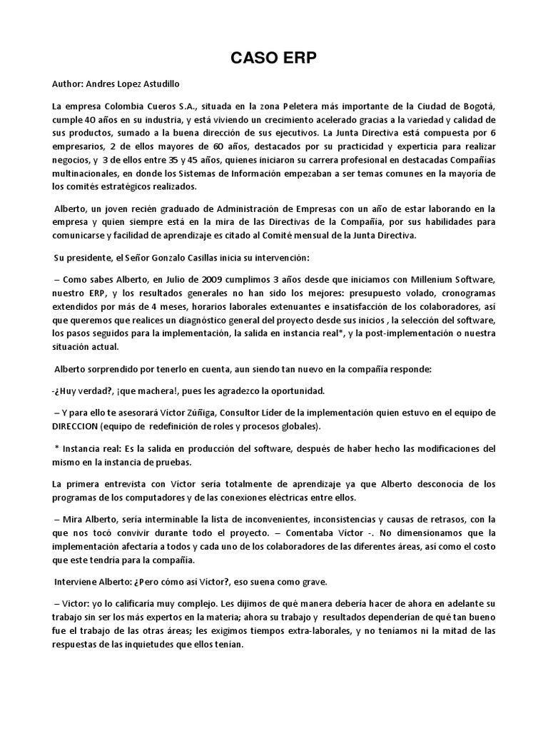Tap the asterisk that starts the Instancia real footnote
(x=56, y=448)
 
